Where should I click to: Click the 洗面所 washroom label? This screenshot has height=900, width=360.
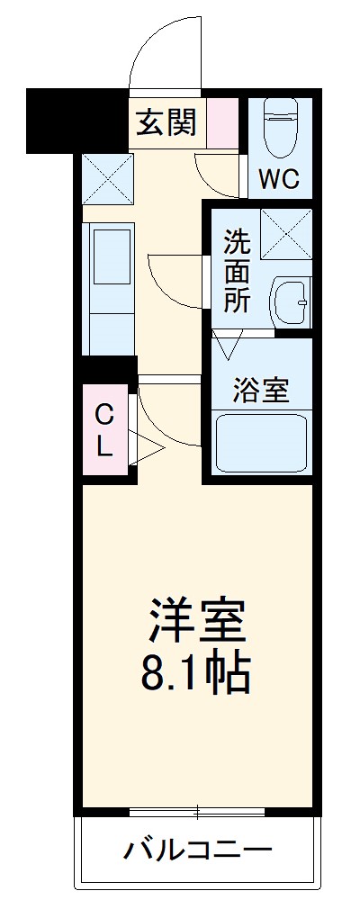(x=237, y=271)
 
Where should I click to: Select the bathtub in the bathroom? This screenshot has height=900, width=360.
(x=262, y=444)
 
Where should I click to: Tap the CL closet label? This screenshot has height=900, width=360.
(x=104, y=429)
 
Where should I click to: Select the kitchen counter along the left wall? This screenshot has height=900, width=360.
(x=108, y=288)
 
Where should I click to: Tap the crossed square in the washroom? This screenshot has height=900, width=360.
(x=285, y=233)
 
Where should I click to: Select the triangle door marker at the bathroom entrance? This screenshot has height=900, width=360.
(x=228, y=343)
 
